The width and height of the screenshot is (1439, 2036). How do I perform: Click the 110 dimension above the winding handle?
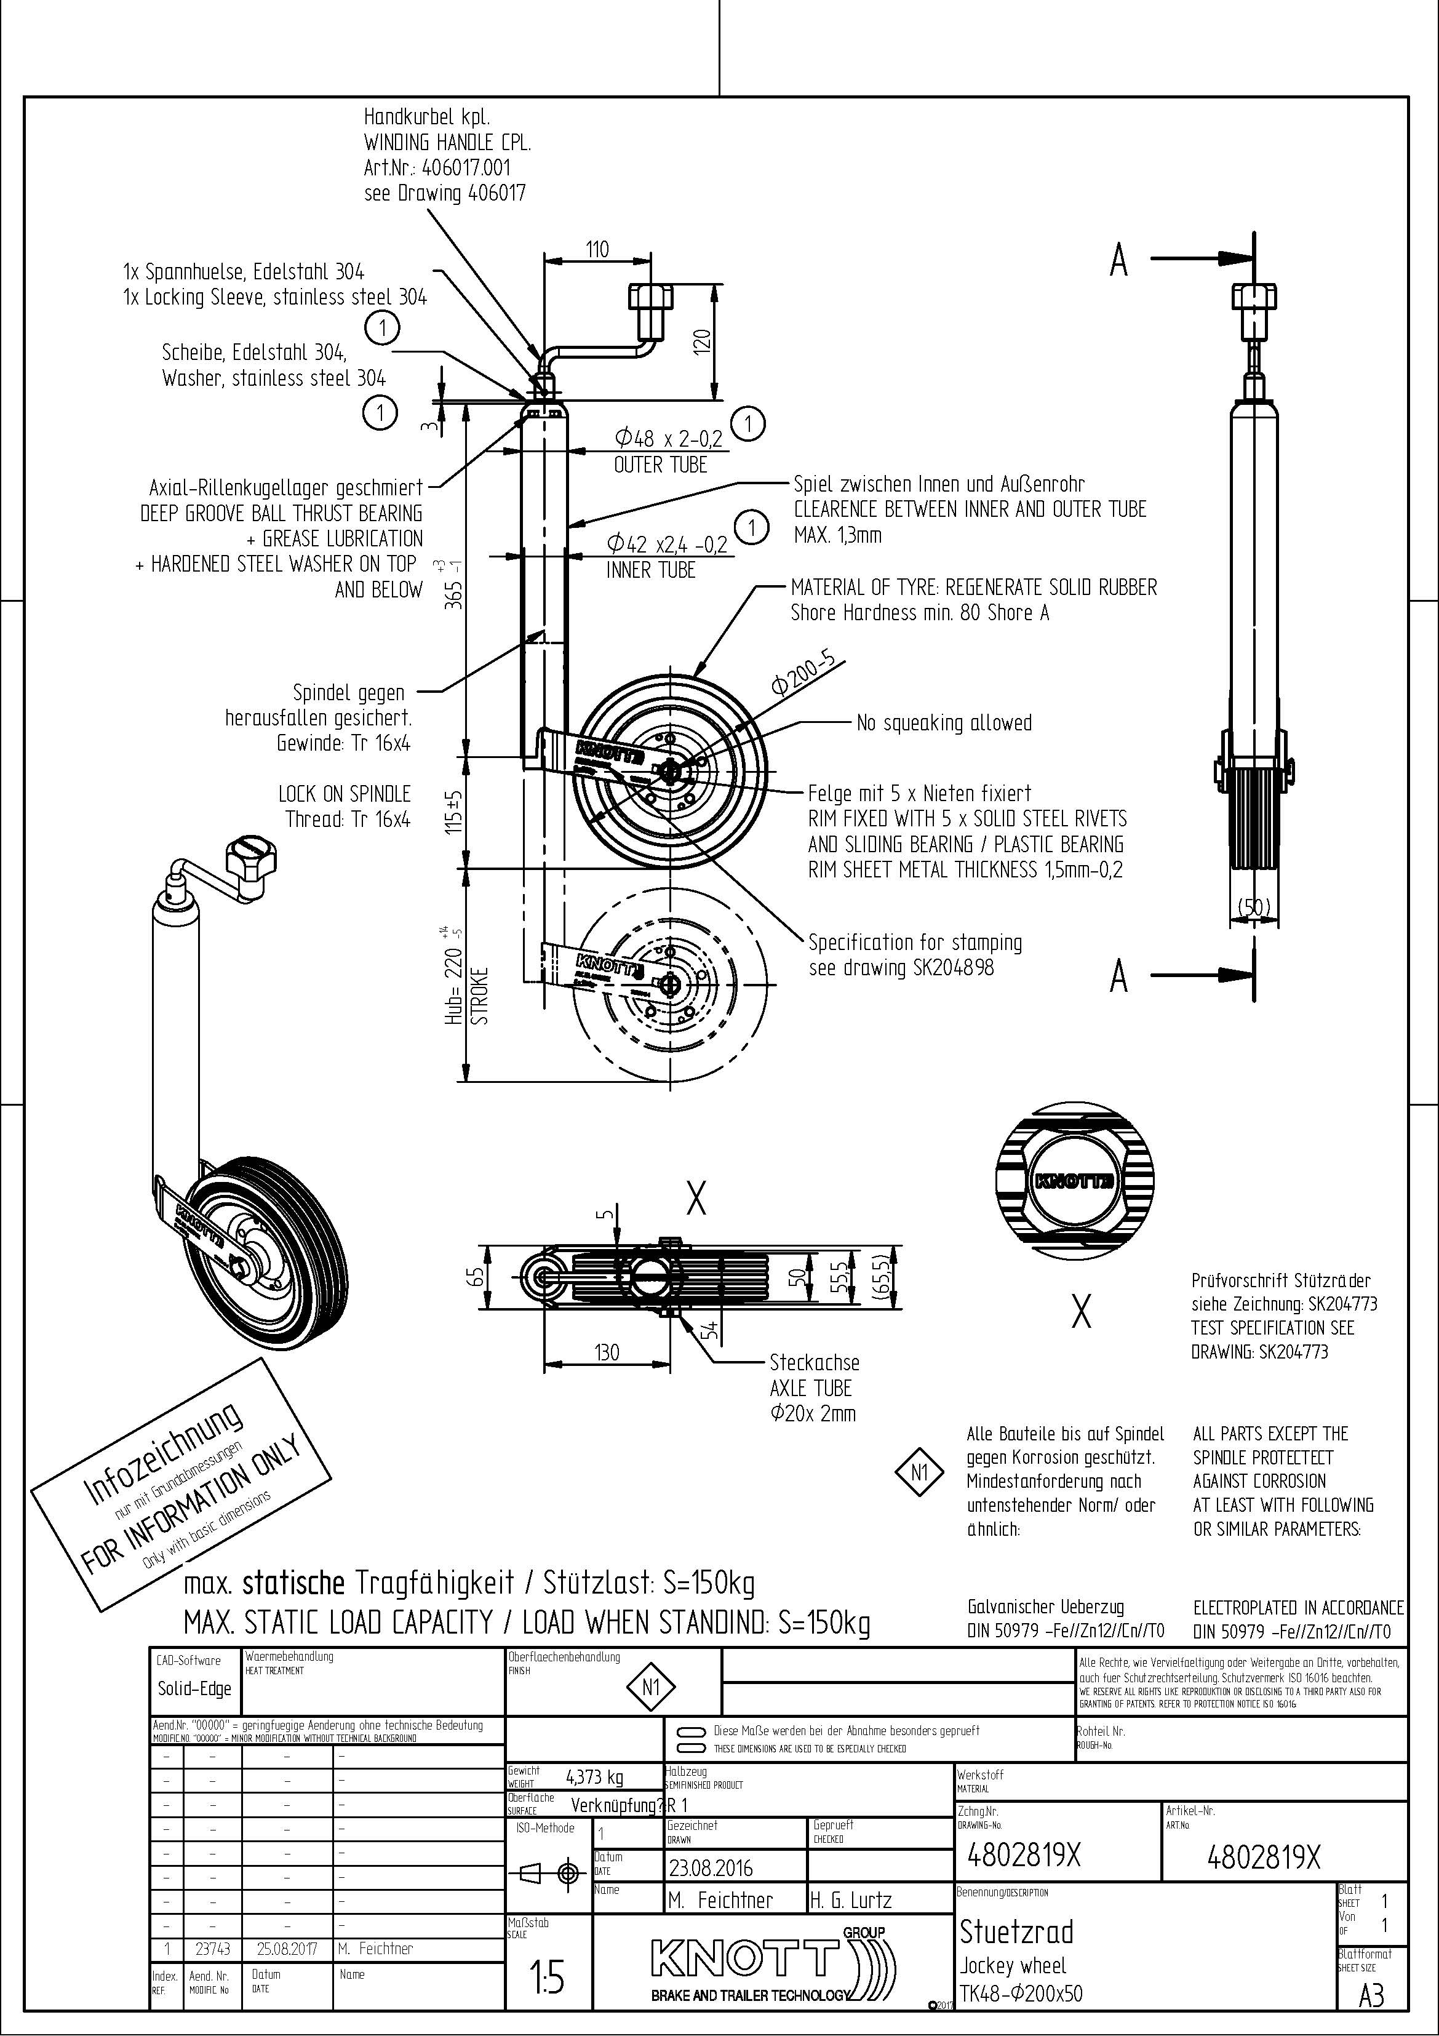597,249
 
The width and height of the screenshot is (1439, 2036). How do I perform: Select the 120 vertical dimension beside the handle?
701,340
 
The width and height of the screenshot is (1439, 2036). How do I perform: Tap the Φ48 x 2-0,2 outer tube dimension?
669,438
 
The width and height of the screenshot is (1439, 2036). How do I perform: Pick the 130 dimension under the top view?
607,1353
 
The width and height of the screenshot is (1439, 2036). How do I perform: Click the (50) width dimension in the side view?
1254,907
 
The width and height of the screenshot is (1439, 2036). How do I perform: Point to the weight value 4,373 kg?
594,1777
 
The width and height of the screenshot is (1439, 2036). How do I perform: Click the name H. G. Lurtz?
850,1900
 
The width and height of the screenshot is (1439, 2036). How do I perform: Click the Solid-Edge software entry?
194,1689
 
